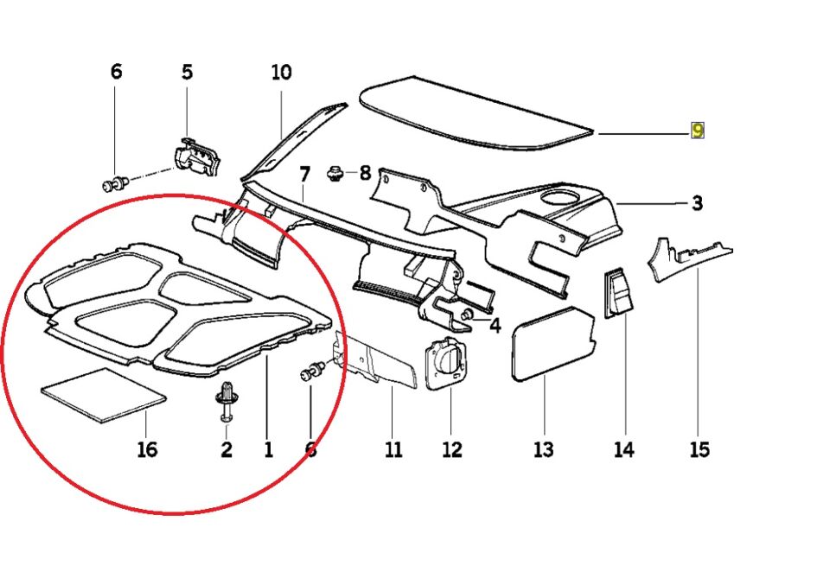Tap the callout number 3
click(697, 205)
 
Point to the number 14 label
click(623, 449)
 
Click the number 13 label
click(543, 449)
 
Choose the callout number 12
click(451, 449)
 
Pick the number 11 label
click(393, 449)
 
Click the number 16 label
click(147, 449)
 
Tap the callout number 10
click(282, 73)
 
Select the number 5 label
click(188, 73)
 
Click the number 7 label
click(304, 175)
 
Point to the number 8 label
click(365, 174)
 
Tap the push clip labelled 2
click(226, 403)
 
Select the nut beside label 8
click(333, 174)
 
